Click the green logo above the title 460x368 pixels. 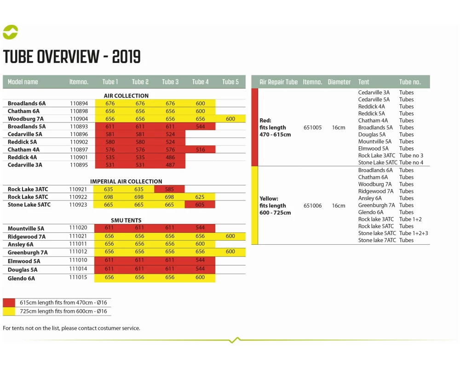point(10,32)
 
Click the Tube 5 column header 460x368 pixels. point(230,82)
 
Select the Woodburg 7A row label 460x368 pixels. point(26,119)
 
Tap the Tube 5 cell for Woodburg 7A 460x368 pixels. point(230,119)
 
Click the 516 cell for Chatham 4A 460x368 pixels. point(200,149)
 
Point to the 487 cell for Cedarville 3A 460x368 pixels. point(170,165)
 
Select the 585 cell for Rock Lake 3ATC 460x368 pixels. point(170,189)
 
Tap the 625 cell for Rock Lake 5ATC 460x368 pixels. point(200,197)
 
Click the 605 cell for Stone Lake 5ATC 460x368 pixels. point(200,205)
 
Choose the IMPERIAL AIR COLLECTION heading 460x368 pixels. point(126,181)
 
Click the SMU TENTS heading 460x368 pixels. point(126,220)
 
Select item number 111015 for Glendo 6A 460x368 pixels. point(78,277)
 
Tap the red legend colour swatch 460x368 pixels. point(9,303)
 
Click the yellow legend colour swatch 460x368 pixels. point(9,311)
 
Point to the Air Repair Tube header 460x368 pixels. point(278,82)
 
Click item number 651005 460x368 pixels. point(313,127)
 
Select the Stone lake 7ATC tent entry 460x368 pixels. point(377,240)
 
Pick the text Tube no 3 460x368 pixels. point(411,155)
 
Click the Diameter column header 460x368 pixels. point(339,82)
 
